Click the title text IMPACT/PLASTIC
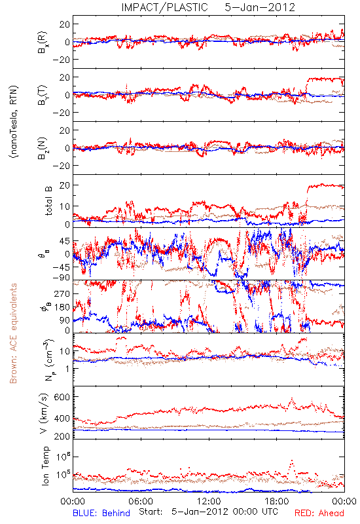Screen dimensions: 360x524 pyautogui.click(x=165, y=7)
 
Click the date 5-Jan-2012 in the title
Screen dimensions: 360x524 pyautogui.click(x=260, y=7)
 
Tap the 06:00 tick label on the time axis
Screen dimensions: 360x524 pyautogui.click(x=141, y=502)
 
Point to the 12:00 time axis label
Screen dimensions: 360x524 pyautogui.click(x=209, y=502)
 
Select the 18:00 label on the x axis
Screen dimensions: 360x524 pyautogui.click(x=277, y=502)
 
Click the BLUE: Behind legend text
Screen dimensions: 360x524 pyautogui.click(x=101, y=513)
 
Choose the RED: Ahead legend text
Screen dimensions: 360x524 pyautogui.click(x=319, y=513)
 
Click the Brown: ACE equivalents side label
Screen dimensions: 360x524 pyautogui.click(x=13, y=333)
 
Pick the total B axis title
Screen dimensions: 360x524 pyautogui.click(x=48, y=201)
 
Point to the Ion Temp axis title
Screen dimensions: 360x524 pyautogui.click(x=45, y=466)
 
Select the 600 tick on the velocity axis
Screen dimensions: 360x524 pyautogui.click(x=62, y=397)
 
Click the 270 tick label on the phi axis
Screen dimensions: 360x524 pyautogui.click(x=62, y=293)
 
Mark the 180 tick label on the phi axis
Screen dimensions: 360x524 pyautogui.click(x=62, y=307)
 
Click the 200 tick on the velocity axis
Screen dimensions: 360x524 pyautogui.click(x=62, y=436)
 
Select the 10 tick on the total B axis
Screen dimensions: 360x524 pyautogui.click(x=65, y=206)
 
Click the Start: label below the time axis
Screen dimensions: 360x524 pyautogui.click(x=151, y=512)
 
